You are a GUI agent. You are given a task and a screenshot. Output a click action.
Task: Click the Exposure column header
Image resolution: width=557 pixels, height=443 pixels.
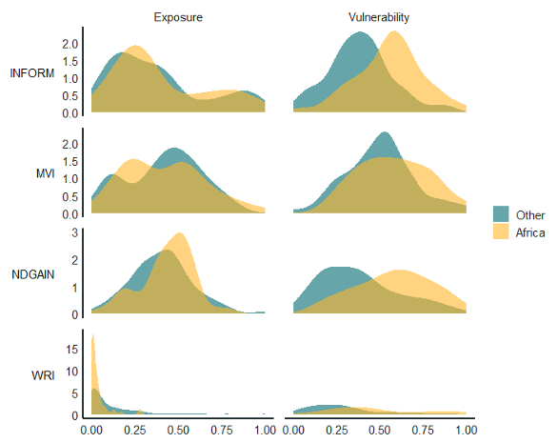pos(178,17)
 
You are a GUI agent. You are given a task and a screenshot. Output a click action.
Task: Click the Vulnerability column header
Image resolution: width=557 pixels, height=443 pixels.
pos(379,17)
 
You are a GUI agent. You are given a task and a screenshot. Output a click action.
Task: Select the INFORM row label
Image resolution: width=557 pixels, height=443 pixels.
pos(31,74)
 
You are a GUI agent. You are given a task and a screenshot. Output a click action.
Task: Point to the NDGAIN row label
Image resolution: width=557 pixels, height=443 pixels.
pos(32,273)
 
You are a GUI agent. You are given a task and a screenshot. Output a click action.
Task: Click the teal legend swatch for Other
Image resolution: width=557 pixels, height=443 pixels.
pos(502,213)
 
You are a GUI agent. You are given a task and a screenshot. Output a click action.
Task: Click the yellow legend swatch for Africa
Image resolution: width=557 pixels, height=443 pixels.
pos(502,232)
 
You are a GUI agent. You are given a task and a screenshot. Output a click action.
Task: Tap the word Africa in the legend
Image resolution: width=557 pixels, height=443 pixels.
pos(530,232)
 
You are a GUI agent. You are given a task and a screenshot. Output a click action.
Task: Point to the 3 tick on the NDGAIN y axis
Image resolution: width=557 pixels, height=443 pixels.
pos(74,232)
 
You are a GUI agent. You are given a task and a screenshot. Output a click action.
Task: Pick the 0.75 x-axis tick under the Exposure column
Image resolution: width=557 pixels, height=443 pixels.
pos(221,431)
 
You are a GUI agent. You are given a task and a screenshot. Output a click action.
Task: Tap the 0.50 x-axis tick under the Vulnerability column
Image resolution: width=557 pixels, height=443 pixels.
pos(380,431)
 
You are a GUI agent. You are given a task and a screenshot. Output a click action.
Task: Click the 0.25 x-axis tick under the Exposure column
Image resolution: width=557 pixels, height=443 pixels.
pos(134,431)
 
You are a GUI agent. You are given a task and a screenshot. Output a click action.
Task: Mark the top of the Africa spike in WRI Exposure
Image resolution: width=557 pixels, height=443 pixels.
pos(92,334)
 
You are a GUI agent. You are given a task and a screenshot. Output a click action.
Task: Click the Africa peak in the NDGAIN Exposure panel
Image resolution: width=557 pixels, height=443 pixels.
pos(179,234)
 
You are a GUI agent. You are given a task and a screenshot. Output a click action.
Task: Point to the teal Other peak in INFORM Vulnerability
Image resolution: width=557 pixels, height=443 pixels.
pos(362,33)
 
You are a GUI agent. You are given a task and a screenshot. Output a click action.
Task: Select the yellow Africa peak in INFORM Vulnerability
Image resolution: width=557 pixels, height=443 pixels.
pos(393,32)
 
